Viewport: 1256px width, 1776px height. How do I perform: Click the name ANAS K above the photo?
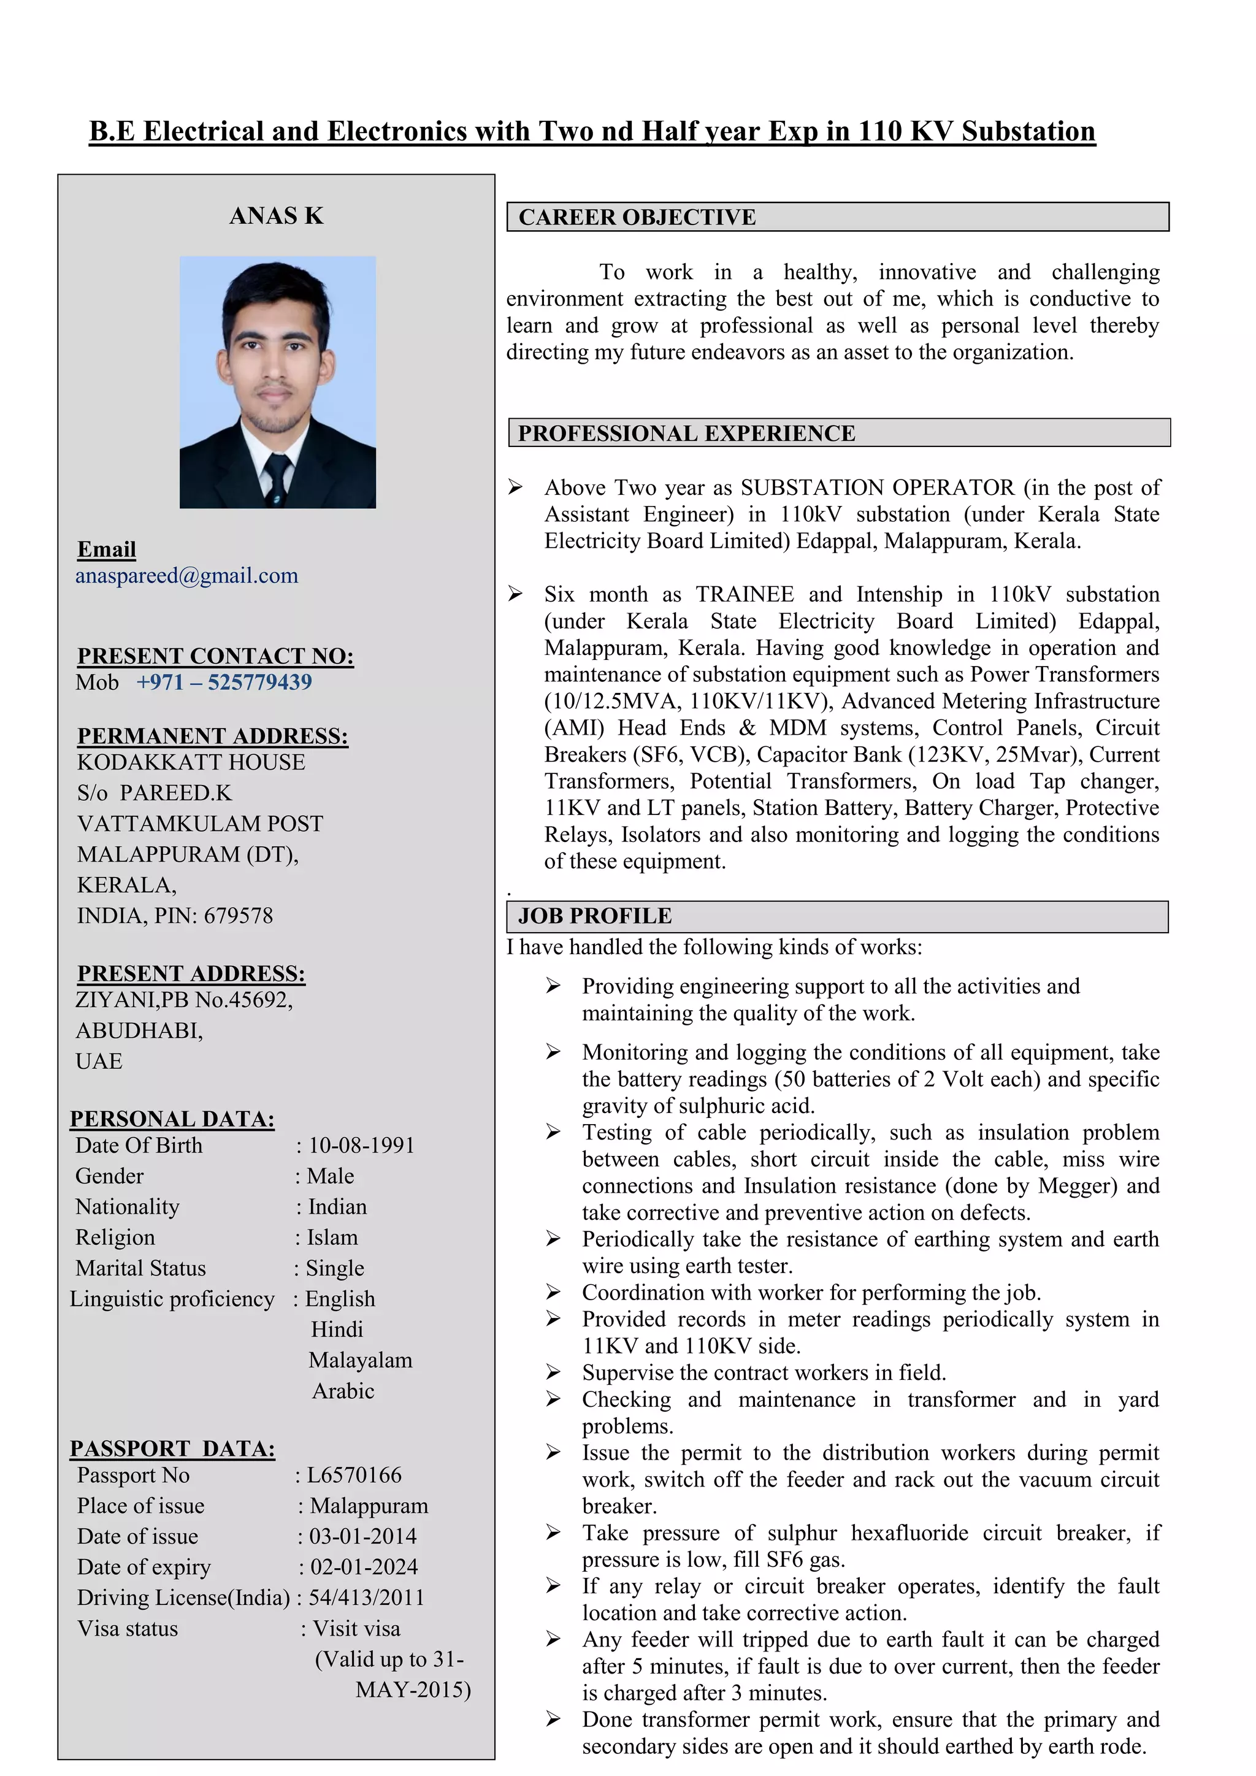[x=276, y=216]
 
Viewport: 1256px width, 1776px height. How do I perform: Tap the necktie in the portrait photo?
[x=275, y=477]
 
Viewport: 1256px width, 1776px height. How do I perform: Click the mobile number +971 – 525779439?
[x=224, y=682]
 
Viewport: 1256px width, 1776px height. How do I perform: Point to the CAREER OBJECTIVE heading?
[x=637, y=217]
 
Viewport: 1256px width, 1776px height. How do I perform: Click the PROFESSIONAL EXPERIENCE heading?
[x=686, y=433]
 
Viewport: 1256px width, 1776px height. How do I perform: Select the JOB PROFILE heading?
[x=595, y=916]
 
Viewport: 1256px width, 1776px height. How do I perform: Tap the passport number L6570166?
[x=355, y=1475]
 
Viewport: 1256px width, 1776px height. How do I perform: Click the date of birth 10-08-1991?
[x=361, y=1146]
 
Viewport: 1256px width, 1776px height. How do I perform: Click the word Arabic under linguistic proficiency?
[x=343, y=1391]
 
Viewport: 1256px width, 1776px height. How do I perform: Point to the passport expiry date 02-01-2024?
[x=364, y=1567]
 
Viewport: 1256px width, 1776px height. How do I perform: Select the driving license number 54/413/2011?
[x=367, y=1598]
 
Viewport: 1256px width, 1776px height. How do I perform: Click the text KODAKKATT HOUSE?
[x=191, y=763]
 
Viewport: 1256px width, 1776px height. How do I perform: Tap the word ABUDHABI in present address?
[x=139, y=1031]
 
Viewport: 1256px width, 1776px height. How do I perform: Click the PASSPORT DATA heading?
[x=172, y=1449]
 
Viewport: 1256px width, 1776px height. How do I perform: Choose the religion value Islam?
[x=332, y=1238]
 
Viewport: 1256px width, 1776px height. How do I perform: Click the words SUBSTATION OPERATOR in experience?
[x=877, y=488]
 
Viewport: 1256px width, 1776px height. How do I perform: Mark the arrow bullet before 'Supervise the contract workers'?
[x=553, y=1372]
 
